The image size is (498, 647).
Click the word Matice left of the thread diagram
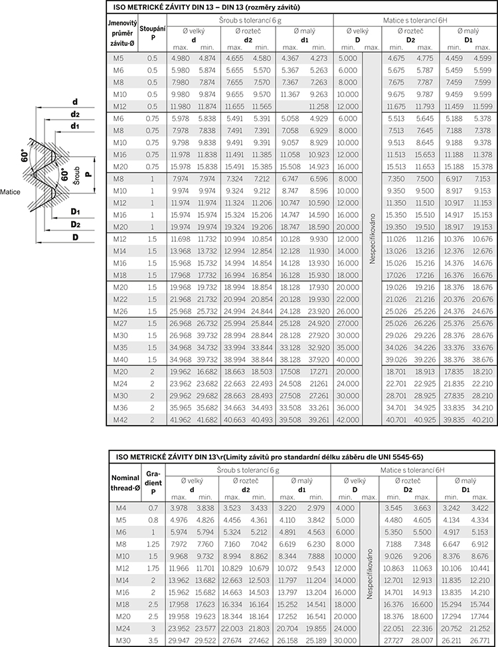(x=10, y=191)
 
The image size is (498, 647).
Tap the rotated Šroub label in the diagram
(x=76, y=172)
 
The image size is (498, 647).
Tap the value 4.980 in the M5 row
(x=180, y=58)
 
